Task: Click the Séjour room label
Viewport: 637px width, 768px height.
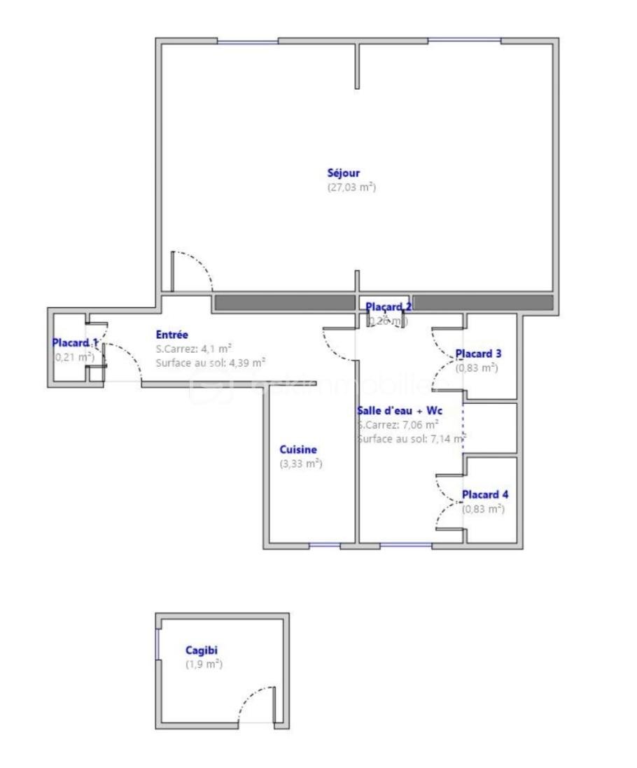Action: (344, 173)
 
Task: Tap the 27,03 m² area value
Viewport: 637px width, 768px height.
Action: (351, 188)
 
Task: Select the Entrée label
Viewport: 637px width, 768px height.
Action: (172, 335)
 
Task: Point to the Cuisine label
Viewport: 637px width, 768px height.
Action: (298, 449)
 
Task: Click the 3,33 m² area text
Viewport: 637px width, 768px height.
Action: (300, 463)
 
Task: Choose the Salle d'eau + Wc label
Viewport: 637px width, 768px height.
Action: (400, 410)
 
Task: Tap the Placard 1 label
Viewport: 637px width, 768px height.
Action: (75, 343)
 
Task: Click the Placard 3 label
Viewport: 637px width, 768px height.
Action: (478, 354)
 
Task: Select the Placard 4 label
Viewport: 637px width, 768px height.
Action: (484, 495)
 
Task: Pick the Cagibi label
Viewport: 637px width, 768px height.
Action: (202, 650)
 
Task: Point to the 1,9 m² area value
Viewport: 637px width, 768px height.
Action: (204, 664)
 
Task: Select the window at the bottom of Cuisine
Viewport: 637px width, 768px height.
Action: (324, 545)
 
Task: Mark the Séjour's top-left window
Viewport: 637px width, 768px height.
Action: (247, 41)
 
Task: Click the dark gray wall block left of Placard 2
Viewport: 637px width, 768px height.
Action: (284, 302)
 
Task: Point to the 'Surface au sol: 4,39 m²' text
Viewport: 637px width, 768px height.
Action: (211, 363)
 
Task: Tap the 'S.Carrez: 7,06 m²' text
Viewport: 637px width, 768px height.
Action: (398, 424)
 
